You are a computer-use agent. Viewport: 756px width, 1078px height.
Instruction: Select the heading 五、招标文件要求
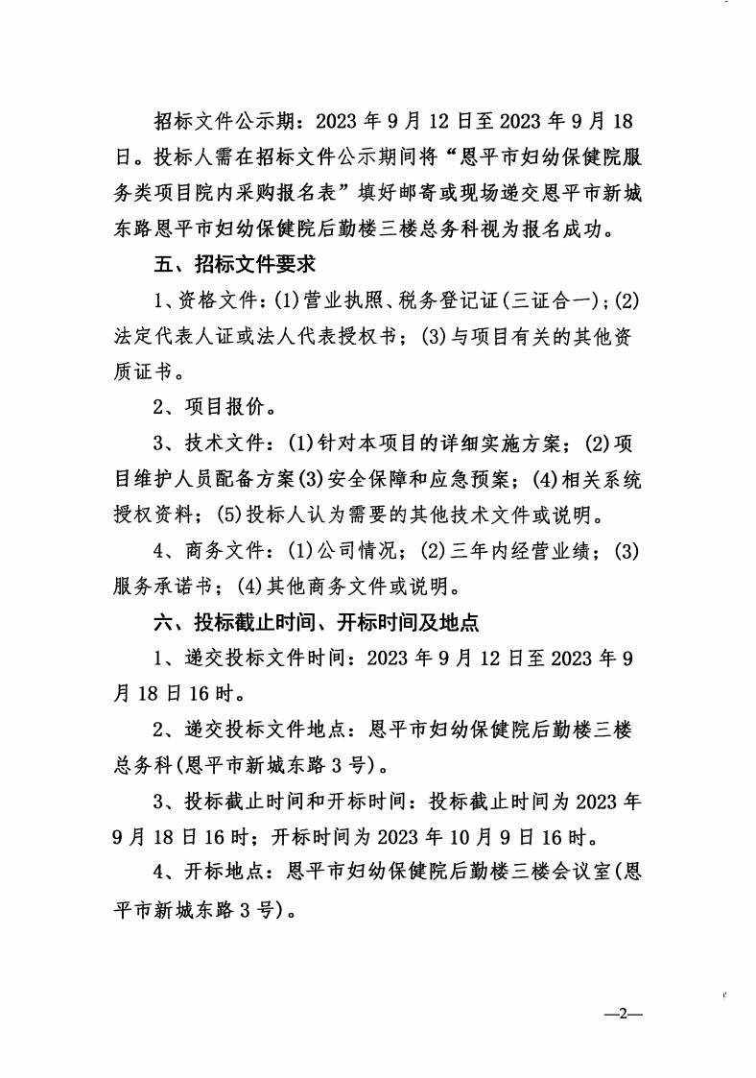point(235,263)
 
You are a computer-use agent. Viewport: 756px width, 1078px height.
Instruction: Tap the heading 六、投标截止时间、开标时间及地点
point(317,622)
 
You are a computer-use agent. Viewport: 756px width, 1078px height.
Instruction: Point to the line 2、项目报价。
point(216,407)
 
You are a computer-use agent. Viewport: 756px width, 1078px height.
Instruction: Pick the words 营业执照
point(342,299)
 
